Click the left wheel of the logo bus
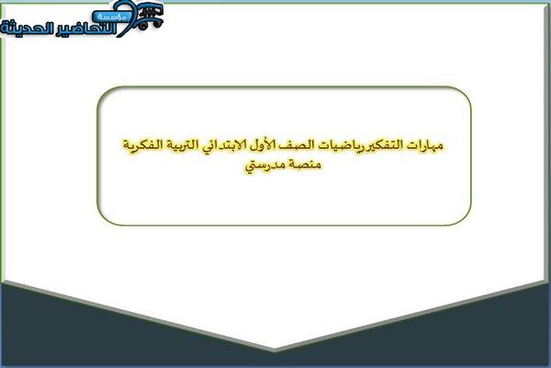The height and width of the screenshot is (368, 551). (143, 25)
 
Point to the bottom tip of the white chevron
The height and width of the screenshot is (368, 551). (274, 350)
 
